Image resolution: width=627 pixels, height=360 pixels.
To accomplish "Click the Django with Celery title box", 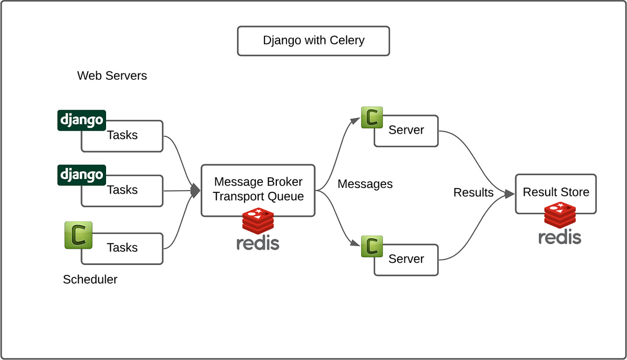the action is click(x=313, y=41).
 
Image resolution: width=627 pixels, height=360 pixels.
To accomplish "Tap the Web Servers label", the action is click(x=112, y=76).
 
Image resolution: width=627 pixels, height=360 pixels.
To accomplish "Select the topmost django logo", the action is click(x=82, y=120).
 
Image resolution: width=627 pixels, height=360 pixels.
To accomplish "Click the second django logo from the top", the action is click(x=82, y=175).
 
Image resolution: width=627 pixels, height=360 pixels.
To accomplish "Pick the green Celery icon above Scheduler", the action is click(x=78, y=235).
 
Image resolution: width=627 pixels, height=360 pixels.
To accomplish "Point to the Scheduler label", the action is click(x=90, y=280).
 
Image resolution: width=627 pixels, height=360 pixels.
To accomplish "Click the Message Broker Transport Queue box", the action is click(x=258, y=190).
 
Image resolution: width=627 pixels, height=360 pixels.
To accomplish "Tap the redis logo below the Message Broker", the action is click(x=258, y=229).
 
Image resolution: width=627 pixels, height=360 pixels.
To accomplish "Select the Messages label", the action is click(x=365, y=184).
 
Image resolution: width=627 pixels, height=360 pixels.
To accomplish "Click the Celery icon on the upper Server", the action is click(x=372, y=117).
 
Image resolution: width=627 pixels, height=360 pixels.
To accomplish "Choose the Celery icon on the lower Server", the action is click(x=372, y=246).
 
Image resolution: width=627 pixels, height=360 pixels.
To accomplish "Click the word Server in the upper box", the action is click(x=406, y=130).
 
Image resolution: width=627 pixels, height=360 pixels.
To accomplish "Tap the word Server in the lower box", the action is click(x=406, y=259).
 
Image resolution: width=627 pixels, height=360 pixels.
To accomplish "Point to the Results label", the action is click(x=473, y=192).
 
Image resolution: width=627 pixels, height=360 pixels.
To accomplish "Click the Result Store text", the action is click(x=556, y=192).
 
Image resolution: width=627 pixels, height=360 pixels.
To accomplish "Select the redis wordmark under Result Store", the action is click(x=560, y=237).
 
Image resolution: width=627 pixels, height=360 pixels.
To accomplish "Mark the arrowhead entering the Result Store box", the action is click(x=510, y=193).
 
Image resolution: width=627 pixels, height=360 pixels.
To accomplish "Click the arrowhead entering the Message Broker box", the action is click(x=195, y=191).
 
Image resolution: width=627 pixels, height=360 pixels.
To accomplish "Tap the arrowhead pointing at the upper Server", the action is click(x=355, y=120).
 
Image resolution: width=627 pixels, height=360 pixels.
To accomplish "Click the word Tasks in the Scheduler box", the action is click(x=122, y=248).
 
